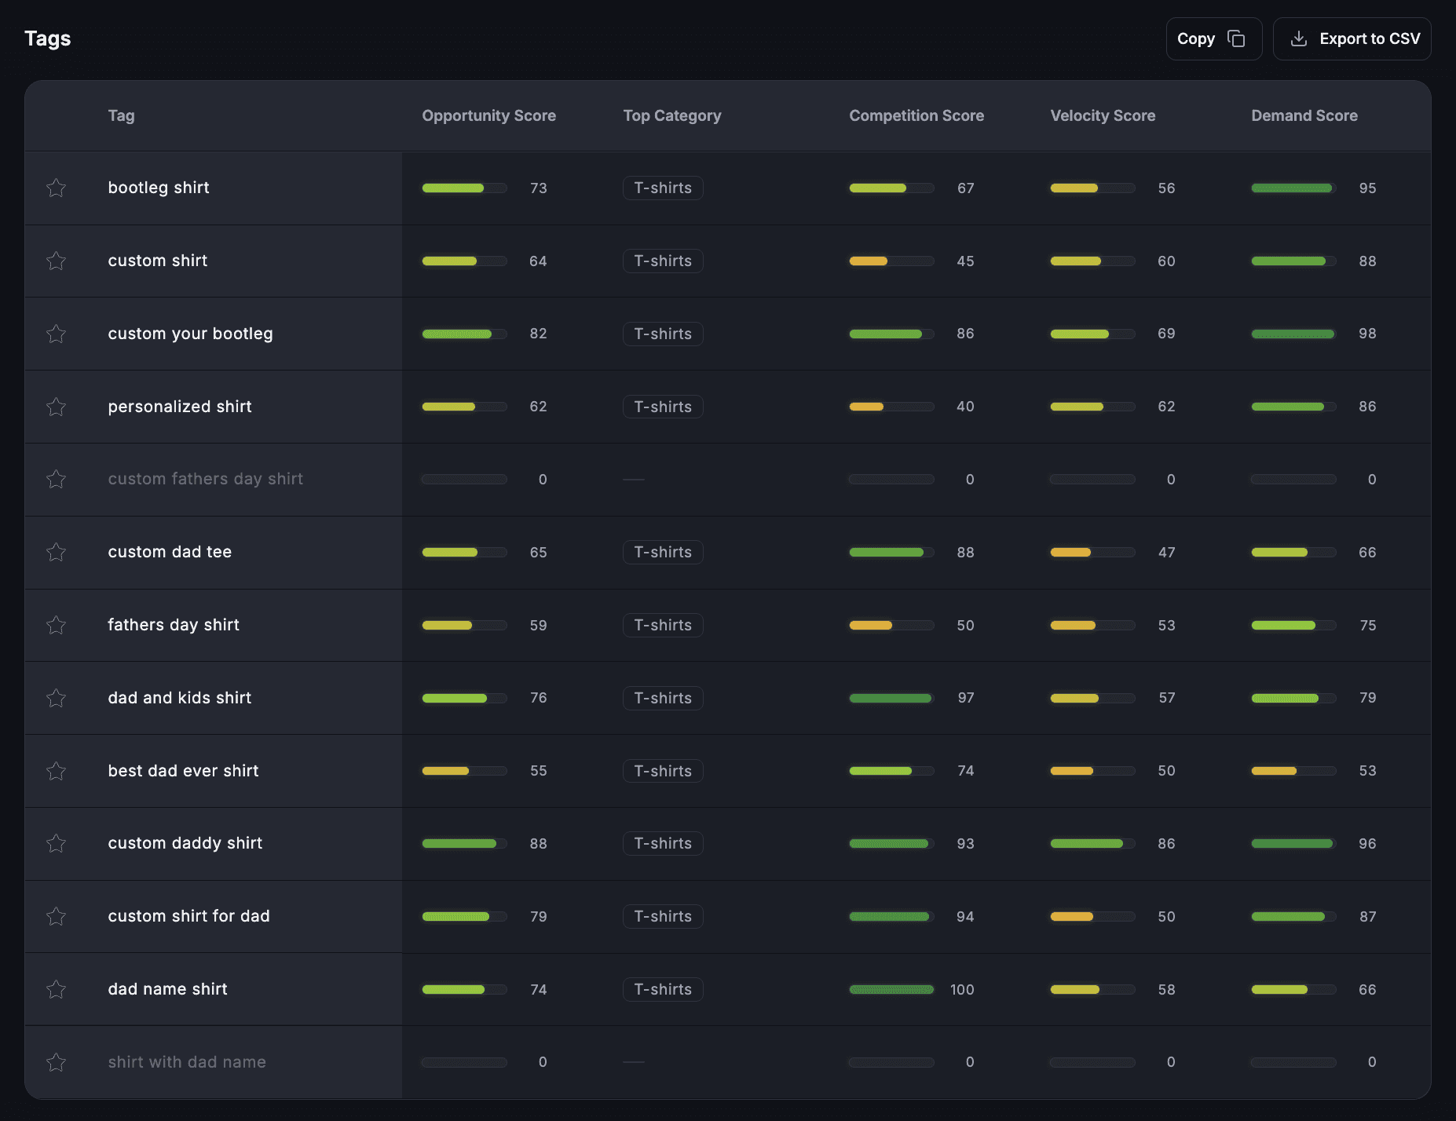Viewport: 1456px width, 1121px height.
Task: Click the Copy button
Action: (x=1213, y=38)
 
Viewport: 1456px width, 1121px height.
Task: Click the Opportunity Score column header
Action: (x=488, y=115)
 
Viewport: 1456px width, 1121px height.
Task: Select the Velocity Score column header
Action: (x=1103, y=115)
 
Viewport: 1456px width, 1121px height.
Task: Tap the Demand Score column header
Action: (x=1304, y=115)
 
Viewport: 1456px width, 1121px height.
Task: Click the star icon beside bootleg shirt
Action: (x=56, y=188)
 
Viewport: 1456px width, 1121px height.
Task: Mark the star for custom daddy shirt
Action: (x=56, y=843)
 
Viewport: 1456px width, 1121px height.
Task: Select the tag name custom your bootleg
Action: (x=190, y=334)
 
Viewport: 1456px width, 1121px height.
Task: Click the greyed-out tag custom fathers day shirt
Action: (x=205, y=479)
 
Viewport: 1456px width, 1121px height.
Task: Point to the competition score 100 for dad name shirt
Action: (x=962, y=989)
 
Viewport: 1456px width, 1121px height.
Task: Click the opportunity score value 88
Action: (x=538, y=843)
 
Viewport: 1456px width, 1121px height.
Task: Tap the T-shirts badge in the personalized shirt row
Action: (x=663, y=407)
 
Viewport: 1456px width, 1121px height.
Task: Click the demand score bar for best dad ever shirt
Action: (x=1293, y=771)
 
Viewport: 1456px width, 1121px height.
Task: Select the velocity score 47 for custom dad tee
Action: (x=1166, y=552)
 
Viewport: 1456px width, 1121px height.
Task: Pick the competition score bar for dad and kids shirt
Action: (x=891, y=698)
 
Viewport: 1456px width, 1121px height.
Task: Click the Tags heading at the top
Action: (x=48, y=38)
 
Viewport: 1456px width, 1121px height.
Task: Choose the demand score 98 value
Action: (x=1367, y=334)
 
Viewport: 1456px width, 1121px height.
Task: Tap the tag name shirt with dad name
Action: (x=187, y=1062)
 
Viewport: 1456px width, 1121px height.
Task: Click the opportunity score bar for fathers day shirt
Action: (x=464, y=625)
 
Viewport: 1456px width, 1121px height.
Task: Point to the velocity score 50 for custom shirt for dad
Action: (x=1166, y=916)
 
